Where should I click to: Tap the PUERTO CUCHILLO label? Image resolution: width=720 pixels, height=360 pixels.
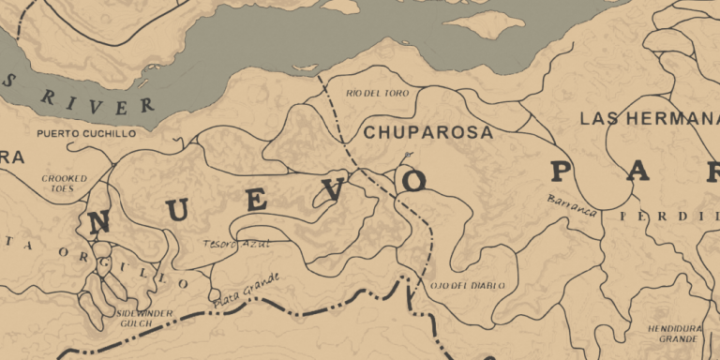(x=85, y=134)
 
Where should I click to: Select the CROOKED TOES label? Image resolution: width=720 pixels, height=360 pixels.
(x=65, y=182)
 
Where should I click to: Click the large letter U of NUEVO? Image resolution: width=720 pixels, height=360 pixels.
(x=179, y=211)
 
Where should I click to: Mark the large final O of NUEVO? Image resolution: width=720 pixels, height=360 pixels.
(x=413, y=180)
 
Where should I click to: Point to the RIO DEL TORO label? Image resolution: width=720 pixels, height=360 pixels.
(x=373, y=94)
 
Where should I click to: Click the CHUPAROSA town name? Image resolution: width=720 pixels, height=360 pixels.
(x=427, y=133)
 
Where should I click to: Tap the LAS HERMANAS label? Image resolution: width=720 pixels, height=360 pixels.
(x=648, y=119)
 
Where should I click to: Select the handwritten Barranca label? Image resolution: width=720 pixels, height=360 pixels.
(x=573, y=205)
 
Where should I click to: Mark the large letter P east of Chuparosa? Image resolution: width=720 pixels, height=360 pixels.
(x=561, y=172)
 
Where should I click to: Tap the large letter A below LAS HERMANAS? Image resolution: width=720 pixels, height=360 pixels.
(x=640, y=172)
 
